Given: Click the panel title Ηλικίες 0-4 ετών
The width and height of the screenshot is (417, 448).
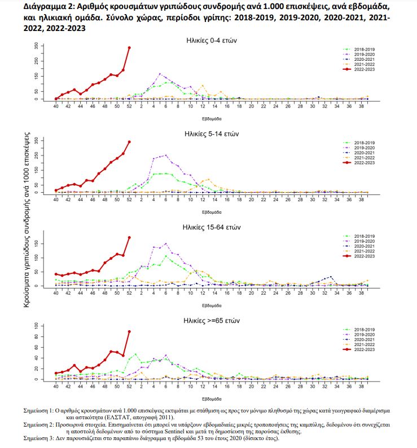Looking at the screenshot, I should [x=214, y=40].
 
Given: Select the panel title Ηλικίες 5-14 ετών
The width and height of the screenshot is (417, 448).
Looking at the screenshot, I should [x=214, y=134].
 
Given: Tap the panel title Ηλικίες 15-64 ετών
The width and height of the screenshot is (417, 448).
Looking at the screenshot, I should [x=214, y=228].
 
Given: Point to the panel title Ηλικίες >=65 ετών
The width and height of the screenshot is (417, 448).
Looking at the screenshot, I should [x=214, y=321].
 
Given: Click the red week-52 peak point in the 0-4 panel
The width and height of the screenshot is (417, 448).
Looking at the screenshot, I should [x=129, y=48].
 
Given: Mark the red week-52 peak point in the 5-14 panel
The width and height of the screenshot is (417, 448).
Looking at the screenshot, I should [x=129, y=142].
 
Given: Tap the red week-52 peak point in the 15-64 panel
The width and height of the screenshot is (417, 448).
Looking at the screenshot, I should [x=129, y=237].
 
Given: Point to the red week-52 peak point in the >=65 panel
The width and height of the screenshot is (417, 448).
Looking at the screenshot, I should [x=129, y=331].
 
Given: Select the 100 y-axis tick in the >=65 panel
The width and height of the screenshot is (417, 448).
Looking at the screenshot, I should [x=37, y=326].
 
